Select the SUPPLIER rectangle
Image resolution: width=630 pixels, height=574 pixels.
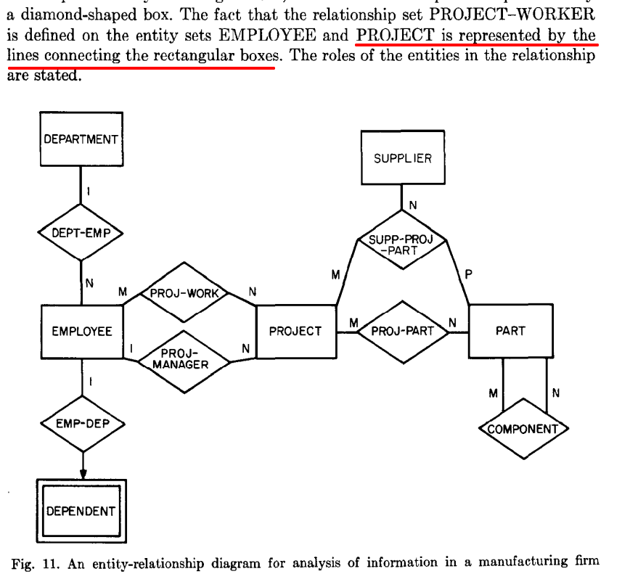coord(402,159)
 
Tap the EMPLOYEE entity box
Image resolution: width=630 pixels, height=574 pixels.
coord(81,332)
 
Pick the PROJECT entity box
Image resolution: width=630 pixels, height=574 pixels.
coord(295,332)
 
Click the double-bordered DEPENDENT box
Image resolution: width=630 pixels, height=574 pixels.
coord(81,511)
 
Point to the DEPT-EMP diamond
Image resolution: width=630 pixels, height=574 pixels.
coord(81,234)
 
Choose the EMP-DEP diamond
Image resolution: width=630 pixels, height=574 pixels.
coord(81,424)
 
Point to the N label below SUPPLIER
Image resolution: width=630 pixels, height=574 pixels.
coord(412,205)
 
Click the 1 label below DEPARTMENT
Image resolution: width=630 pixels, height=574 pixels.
coord(88,192)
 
